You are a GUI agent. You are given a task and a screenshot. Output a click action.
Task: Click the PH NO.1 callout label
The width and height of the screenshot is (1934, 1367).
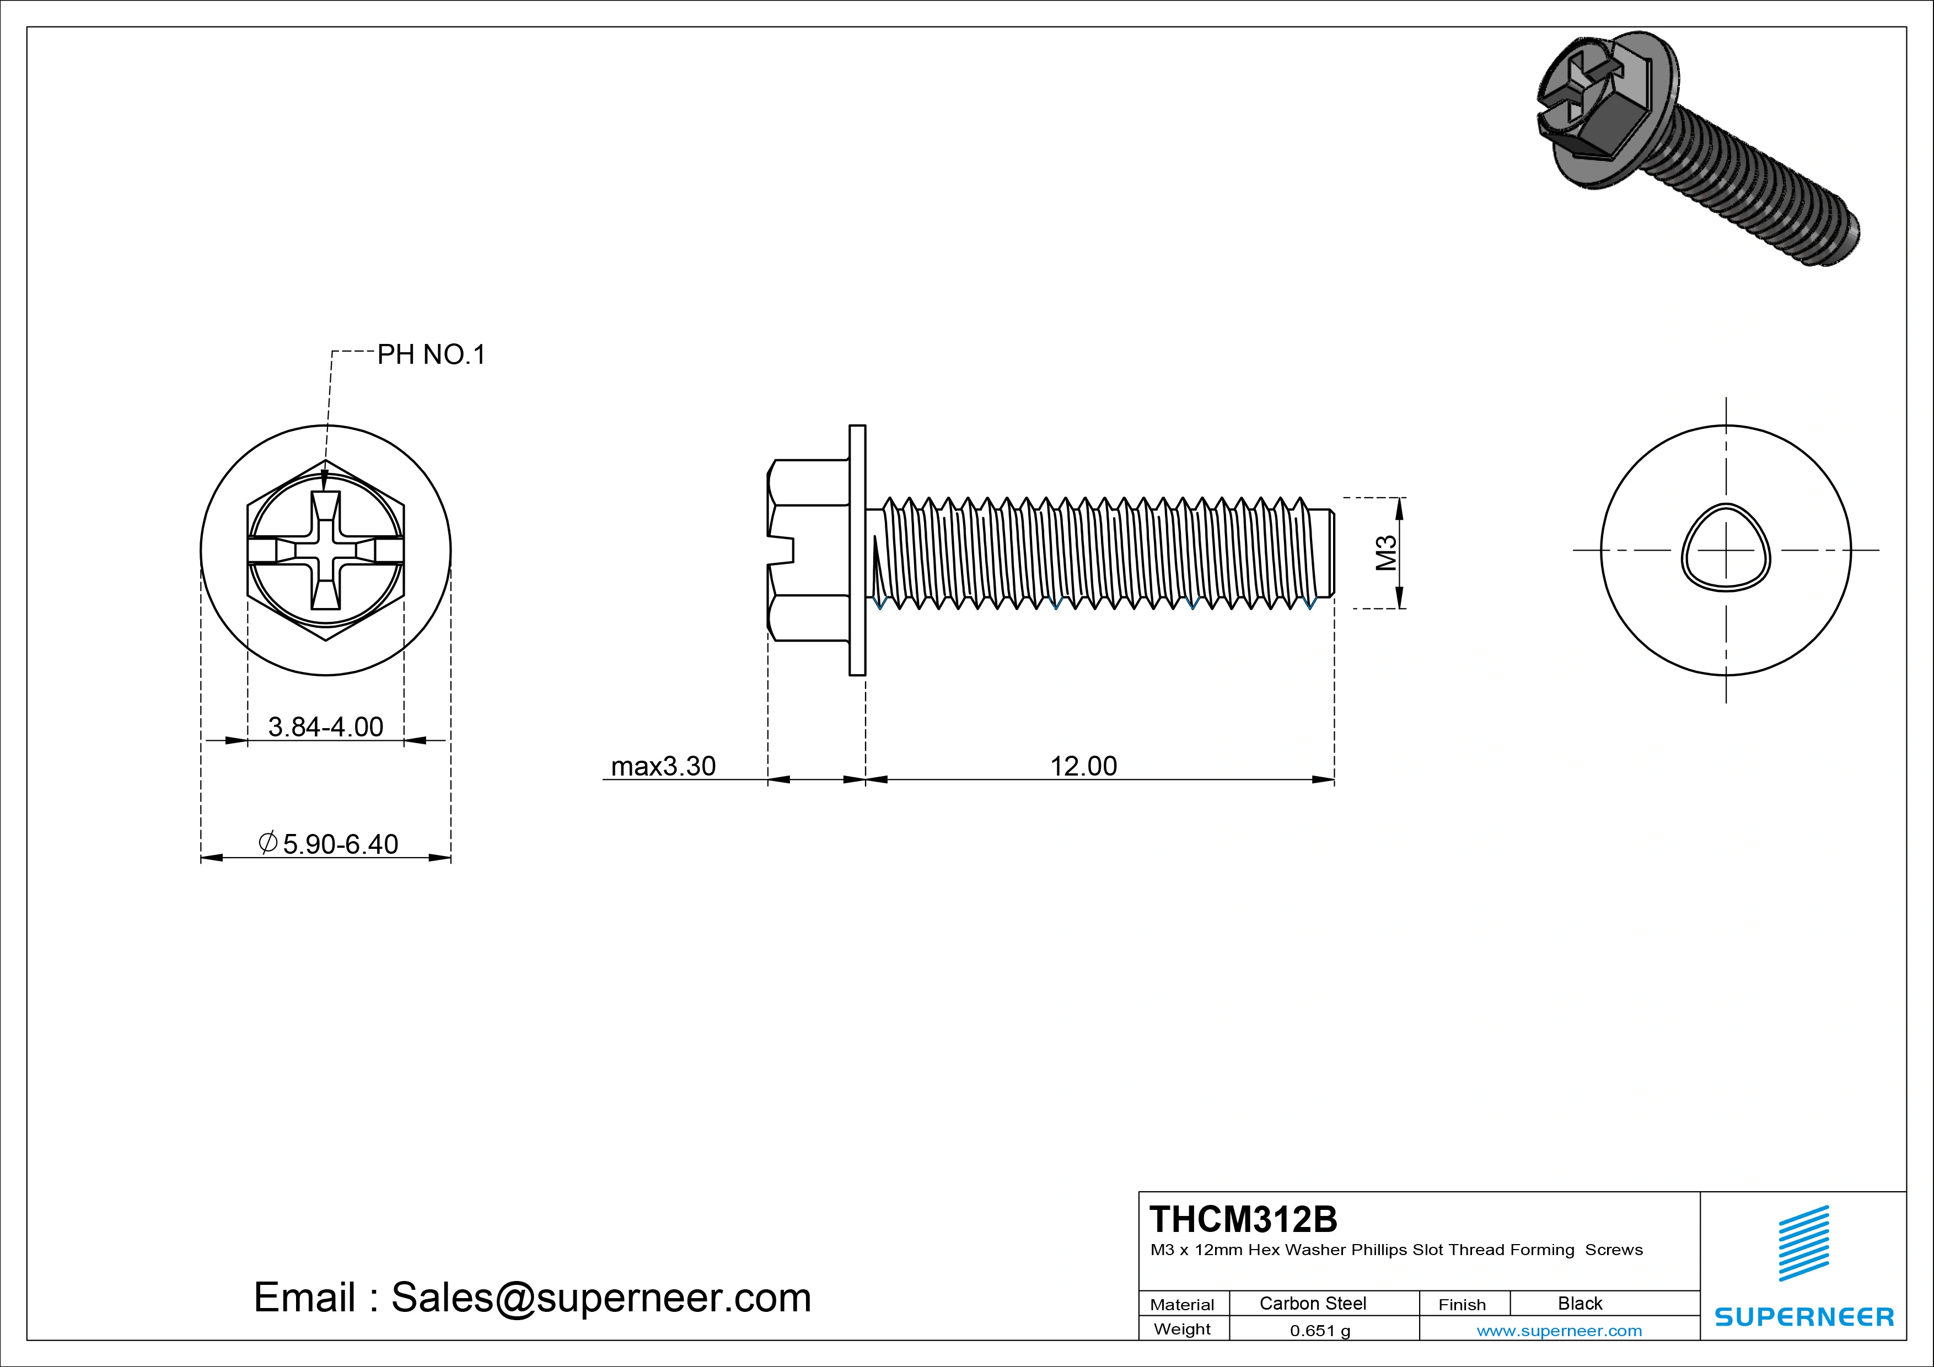tap(431, 354)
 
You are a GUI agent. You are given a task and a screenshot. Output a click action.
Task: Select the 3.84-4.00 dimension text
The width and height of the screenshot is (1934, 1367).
tap(325, 726)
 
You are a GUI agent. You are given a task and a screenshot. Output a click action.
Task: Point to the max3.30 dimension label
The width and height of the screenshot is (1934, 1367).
tap(663, 766)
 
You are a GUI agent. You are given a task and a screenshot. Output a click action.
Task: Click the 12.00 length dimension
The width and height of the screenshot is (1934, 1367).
tap(1083, 766)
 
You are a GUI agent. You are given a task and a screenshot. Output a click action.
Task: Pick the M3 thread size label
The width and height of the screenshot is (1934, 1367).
tap(1385, 552)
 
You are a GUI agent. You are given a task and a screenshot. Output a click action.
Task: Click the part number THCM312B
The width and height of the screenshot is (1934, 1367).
tap(1243, 1219)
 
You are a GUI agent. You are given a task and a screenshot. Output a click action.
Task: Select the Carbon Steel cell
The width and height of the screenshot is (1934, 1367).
tap(1312, 1303)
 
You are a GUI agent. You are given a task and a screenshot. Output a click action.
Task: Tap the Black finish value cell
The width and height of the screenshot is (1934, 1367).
tap(1580, 1303)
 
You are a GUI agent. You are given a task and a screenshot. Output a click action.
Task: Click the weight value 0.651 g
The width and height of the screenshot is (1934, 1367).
tap(1319, 1331)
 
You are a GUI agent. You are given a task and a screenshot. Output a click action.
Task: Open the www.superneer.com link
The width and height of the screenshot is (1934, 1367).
tap(1559, 1331)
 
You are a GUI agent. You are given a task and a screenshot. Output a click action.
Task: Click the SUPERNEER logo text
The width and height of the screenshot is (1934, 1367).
tap(1803, 1316)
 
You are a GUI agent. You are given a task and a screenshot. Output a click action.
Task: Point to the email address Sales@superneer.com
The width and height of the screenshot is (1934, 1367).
tap(533, 1297)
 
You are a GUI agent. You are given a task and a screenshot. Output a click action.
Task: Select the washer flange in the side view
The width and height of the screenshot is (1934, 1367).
tap(857, 550)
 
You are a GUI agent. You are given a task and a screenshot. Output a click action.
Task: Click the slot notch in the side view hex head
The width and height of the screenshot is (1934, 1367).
tap(783, 550)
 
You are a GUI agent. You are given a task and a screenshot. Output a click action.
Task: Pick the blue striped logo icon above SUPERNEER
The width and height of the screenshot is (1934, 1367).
tap(1803, 1243)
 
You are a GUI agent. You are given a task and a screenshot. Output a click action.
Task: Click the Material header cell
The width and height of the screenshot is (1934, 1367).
tap(1182, 1304)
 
